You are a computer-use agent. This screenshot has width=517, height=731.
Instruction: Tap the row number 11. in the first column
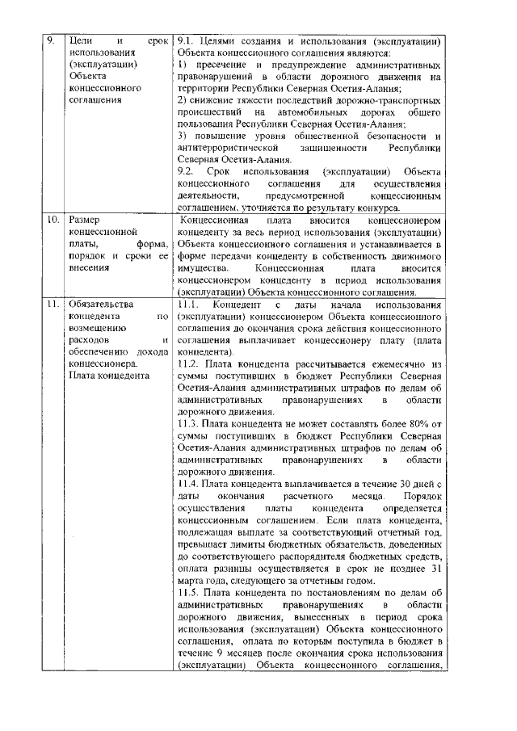click(52, 305)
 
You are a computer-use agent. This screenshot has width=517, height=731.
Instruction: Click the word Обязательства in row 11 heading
click(102, 305)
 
